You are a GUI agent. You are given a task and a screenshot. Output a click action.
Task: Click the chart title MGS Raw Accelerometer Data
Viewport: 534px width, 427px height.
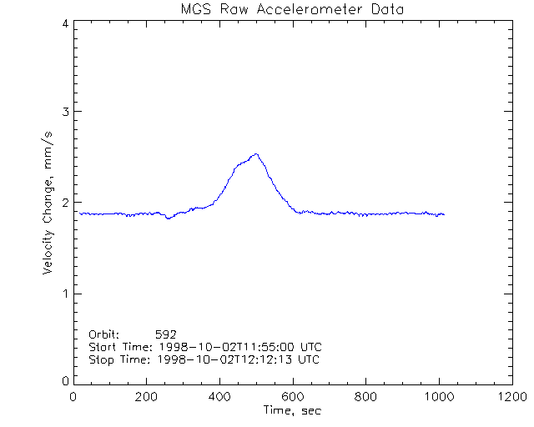(x=293, y=9)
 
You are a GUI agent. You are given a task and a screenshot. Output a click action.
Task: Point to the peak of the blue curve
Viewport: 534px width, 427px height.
(x=255, y=154)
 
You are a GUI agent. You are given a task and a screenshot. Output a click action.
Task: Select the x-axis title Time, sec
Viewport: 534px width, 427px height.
(x=292, y=410)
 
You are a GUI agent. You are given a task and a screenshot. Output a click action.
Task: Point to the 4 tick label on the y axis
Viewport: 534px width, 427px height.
(x=64, y=23)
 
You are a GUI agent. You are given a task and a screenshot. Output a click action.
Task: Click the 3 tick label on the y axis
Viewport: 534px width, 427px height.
(x=64, y=112)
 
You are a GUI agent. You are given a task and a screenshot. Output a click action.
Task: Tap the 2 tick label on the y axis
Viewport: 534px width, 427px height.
(x=64, y=203)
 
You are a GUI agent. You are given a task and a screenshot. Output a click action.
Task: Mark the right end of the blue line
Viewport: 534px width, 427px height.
(x=444, y=214)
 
